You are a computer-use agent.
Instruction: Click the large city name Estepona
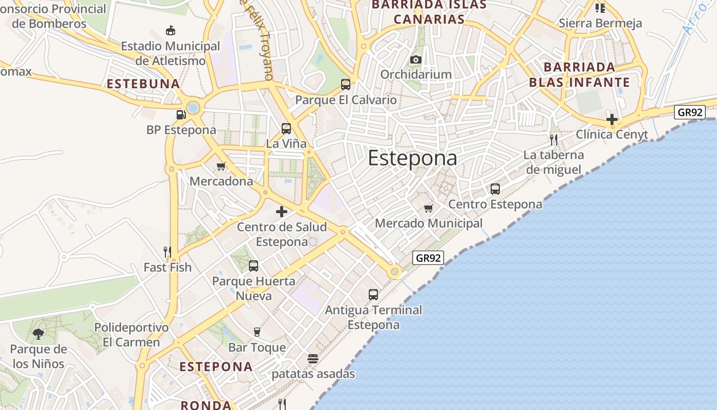pyautogui.click(x=412, y=158)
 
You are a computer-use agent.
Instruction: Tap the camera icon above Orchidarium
pyautogui.click(x=416, y=60)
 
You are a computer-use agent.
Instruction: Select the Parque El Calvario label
pyautogui.click(x=346, y=100)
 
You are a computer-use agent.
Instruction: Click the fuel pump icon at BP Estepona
pyautogui.click(x=180, y=115)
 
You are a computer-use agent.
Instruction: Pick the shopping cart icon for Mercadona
pyautogui.click(x=221, y=166)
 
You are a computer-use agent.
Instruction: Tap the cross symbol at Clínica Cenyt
pyautogui.click(x=611, y=120)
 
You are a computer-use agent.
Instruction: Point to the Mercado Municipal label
pyautogui.click(x=429, y=223)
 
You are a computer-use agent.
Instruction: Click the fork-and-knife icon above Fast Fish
pyautogui.click(x=167, y=252)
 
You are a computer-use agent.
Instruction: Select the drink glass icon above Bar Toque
pyautogui.click(x=257, y=332)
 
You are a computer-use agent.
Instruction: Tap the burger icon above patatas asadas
pyautogui.click(x=313, y=359)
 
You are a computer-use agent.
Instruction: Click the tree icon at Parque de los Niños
pyautogui.click(x=38, y=335)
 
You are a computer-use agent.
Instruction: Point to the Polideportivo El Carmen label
pyautogui.click(x=131, y=335)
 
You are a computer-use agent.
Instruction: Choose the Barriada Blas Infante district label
pyautogui.click(x=579, y=75)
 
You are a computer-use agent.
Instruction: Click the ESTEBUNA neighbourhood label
pyautogui.click(x=143, y=84)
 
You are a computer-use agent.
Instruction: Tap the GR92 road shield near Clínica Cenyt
pyautogui.click(x=690, y=112)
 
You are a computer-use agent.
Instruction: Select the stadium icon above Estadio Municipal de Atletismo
pyautogui.click(x=171, y=31)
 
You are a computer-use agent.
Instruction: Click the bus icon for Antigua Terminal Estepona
pyautogui.click(x=373, y=295)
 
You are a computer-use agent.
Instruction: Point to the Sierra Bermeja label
pyautogui.click(x=600, y=24)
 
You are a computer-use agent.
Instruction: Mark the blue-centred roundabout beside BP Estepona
pyautogui.click(x=193, y=108)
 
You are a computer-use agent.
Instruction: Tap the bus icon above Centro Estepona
pyautogui.click(x=495, y=189)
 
